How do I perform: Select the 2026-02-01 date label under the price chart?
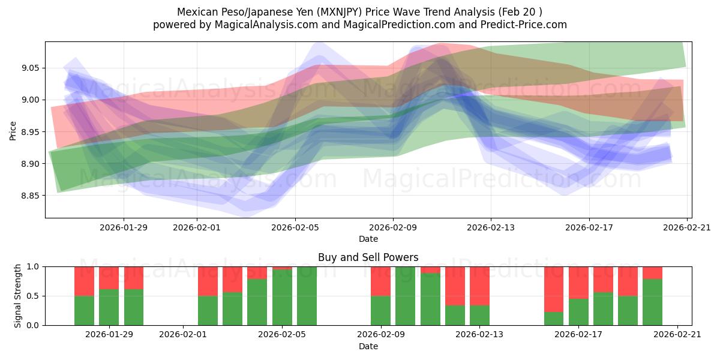(x=197, y=227)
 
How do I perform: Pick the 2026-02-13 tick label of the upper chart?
(x=491, y=227)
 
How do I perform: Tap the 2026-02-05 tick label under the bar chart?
(x=282, y=335)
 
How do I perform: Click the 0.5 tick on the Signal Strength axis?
(x=33, y=296)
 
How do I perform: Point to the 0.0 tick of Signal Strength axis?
(x=33, y=325)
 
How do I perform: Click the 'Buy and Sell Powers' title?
(x=368, y=257)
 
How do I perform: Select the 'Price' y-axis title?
(x=13, y=130)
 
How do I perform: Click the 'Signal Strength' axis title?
(x=18, y=295)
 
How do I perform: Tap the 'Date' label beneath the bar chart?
(x=368, y=346)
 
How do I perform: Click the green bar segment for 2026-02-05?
(x=282, y=297)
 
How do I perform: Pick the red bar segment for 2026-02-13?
(x=479, y=286)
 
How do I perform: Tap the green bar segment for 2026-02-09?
(x=380, y=310)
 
